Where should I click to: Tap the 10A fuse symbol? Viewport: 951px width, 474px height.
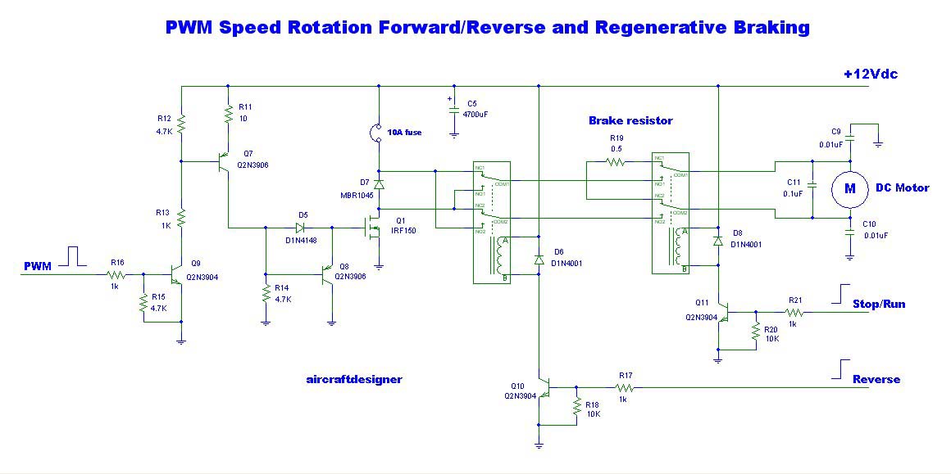coord(379,131)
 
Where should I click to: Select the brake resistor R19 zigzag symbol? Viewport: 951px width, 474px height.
coord(617,163)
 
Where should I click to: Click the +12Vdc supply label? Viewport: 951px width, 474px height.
coord(870,74)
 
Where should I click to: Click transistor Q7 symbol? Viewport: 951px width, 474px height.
coord(223,162)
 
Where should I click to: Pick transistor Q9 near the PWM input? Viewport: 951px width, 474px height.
coord(177,275)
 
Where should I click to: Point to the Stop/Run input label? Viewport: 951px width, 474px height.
coord(878,304)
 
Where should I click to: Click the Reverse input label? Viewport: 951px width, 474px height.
coord(876,379)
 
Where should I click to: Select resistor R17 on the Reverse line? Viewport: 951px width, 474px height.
coord(625,387)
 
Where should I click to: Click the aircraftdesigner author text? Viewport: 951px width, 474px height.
coord(353,379)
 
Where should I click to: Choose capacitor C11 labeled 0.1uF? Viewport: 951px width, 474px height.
coord(812,187)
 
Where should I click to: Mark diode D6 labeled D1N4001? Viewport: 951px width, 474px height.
coord(539,259)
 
